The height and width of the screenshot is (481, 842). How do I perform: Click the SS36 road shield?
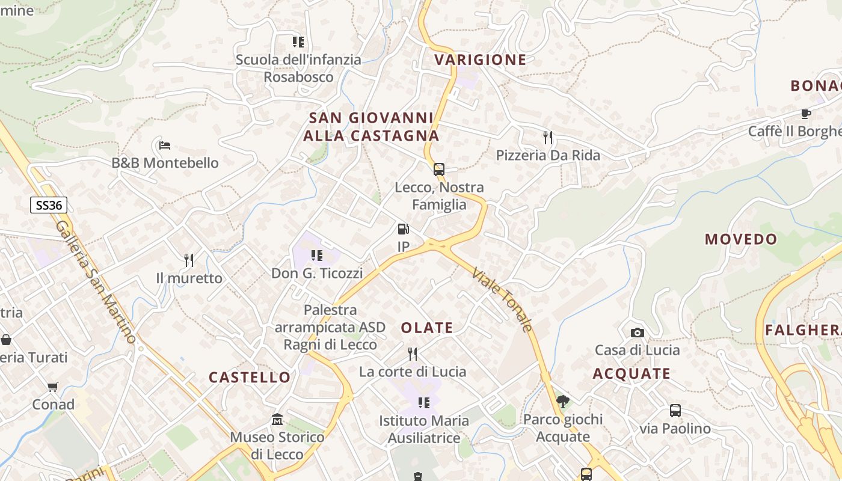[x=49, y=205]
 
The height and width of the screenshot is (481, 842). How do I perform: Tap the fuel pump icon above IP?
[x=403, y=229]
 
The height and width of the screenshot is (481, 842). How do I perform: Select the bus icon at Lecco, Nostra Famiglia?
[x=439, y=170]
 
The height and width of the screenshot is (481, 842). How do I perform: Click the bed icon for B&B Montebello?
[x=165, y=145]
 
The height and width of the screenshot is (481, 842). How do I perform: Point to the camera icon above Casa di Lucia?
[x=637, y=332]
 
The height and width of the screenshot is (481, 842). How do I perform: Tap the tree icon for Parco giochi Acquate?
[x=563, y=401]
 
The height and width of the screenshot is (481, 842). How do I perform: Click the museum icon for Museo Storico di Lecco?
[x=277, y=419]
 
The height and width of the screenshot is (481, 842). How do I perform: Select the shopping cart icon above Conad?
[x=53, y=387]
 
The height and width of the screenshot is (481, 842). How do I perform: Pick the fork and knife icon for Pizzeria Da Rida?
[x=547, y=138]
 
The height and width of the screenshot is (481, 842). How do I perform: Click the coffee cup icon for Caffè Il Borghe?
[x=806, y=114]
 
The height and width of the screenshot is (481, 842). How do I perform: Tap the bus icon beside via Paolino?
[x=675, y=411]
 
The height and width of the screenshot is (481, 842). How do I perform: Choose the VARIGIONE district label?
[x=480, y=60]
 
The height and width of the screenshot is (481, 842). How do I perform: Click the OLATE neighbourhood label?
[x=427, y=328]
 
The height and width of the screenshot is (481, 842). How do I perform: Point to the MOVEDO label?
[x=741, y=239]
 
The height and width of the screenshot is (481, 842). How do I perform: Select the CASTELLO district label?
[x=250, y=378]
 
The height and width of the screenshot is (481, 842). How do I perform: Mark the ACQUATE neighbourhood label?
[x=631, y=374]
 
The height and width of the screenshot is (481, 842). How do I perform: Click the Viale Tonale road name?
[x=503, y=299]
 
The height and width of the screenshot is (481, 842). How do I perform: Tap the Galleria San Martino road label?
[x=96, y=282]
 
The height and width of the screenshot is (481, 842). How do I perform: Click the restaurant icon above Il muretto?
[x=189, y=260]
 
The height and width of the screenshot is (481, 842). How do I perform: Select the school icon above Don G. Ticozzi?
[x=317, y=256]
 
